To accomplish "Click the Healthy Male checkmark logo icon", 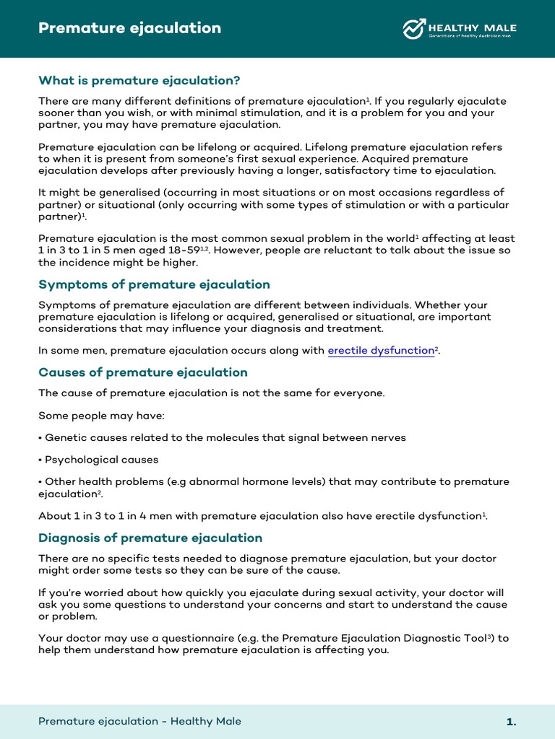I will (413, 29).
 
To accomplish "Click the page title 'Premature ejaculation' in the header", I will (129, 28).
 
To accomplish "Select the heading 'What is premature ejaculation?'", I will (139, 80).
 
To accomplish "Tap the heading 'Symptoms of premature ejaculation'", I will (154, 284).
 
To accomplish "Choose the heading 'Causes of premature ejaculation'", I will (142, 372).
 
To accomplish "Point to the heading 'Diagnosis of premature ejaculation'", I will (150, 538).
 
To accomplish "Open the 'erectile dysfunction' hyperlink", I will (381, 351).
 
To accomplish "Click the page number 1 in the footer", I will (511, 722).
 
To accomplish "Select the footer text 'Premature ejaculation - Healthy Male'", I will (139, 722).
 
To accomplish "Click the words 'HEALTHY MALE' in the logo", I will (473, 28).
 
